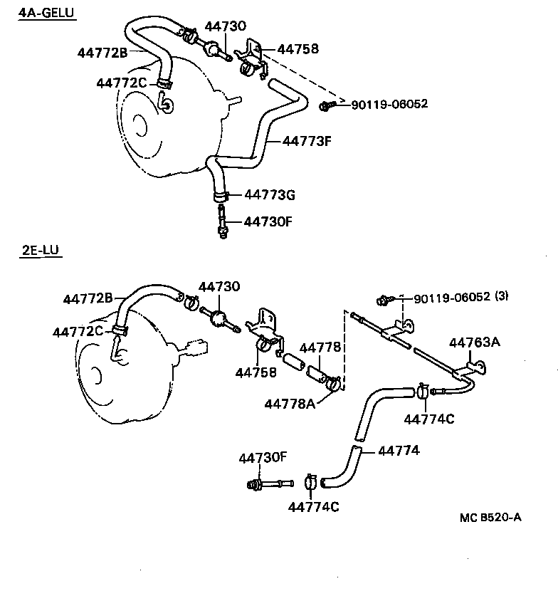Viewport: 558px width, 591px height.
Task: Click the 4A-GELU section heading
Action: (x=46, y=14)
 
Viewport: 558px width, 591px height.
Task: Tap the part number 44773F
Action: (x=307, y=140)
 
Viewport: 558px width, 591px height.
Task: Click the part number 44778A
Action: (x=289, y=403)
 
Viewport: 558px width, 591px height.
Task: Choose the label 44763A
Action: (x=474, y=342)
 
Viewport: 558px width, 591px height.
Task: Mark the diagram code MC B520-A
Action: (x=490, y=517)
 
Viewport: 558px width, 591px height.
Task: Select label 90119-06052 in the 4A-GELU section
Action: (x=389, y=104)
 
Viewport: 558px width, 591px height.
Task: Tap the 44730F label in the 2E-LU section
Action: (x=263, y=458)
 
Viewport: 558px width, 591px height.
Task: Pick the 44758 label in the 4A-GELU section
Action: (x=298, y=49)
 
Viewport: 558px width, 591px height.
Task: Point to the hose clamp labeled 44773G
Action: (x=220, y=195)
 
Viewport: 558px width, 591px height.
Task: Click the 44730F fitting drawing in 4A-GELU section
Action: (x=223, y=222)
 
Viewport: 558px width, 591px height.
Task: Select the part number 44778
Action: (x=320, y=347)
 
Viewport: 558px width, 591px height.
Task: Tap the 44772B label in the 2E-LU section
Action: (x=88, y=299)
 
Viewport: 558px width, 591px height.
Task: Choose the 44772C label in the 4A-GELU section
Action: (x=121, y=83)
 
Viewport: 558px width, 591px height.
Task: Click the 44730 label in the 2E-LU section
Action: (x=219, y=286)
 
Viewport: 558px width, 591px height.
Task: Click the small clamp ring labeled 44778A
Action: (x=333, y=385)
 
